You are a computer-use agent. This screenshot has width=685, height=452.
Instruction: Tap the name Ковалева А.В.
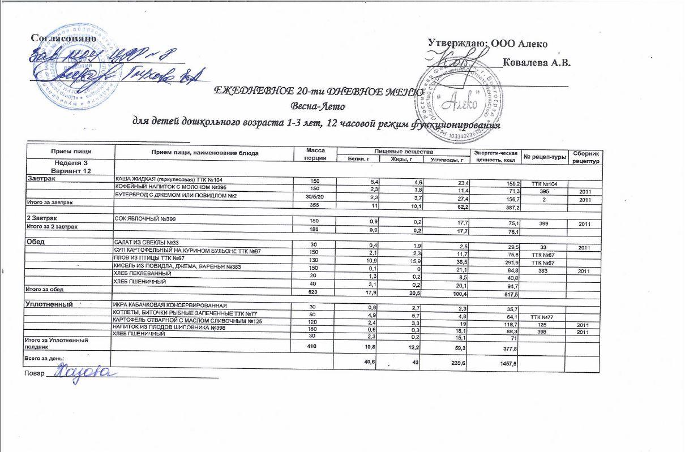[x=536, y=62]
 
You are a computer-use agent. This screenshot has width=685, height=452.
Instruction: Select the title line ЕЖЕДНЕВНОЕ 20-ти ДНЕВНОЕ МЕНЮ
[x=317, y=92]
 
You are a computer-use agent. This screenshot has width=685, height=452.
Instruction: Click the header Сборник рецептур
[x=585, y=157]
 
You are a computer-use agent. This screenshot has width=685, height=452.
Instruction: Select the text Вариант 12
[x=70, y=170]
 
